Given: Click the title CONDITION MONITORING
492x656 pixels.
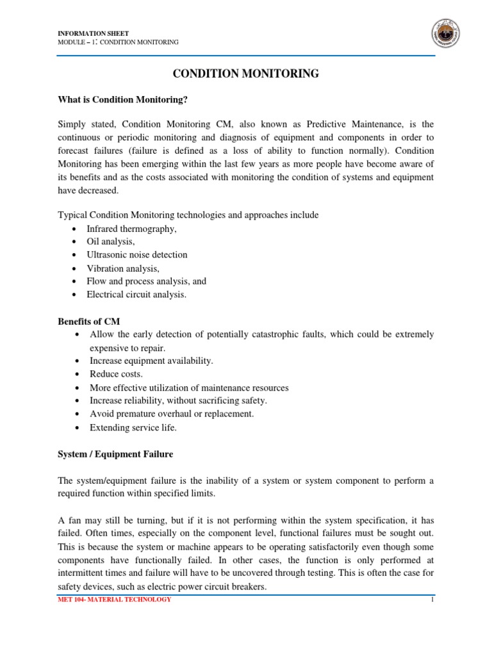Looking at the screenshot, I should [x=246, y=74].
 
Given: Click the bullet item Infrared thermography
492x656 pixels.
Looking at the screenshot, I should [x=131, y=228].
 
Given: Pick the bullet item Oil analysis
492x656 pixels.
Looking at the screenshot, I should [x=111, y=242].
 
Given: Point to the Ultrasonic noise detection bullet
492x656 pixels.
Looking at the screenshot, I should [x=137, y=254].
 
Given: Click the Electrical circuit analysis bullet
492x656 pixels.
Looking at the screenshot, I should [x=136, y=295].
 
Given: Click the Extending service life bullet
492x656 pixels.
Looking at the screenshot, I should [x=133, y=427].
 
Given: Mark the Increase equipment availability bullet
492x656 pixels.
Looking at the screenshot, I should [x=152, y=361].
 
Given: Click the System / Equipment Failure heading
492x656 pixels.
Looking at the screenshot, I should [x=115, y=454].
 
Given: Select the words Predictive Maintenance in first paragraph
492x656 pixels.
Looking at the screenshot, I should [x=343, y=124].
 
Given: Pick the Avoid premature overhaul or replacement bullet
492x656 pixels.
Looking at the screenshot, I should [x=172, y=414].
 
